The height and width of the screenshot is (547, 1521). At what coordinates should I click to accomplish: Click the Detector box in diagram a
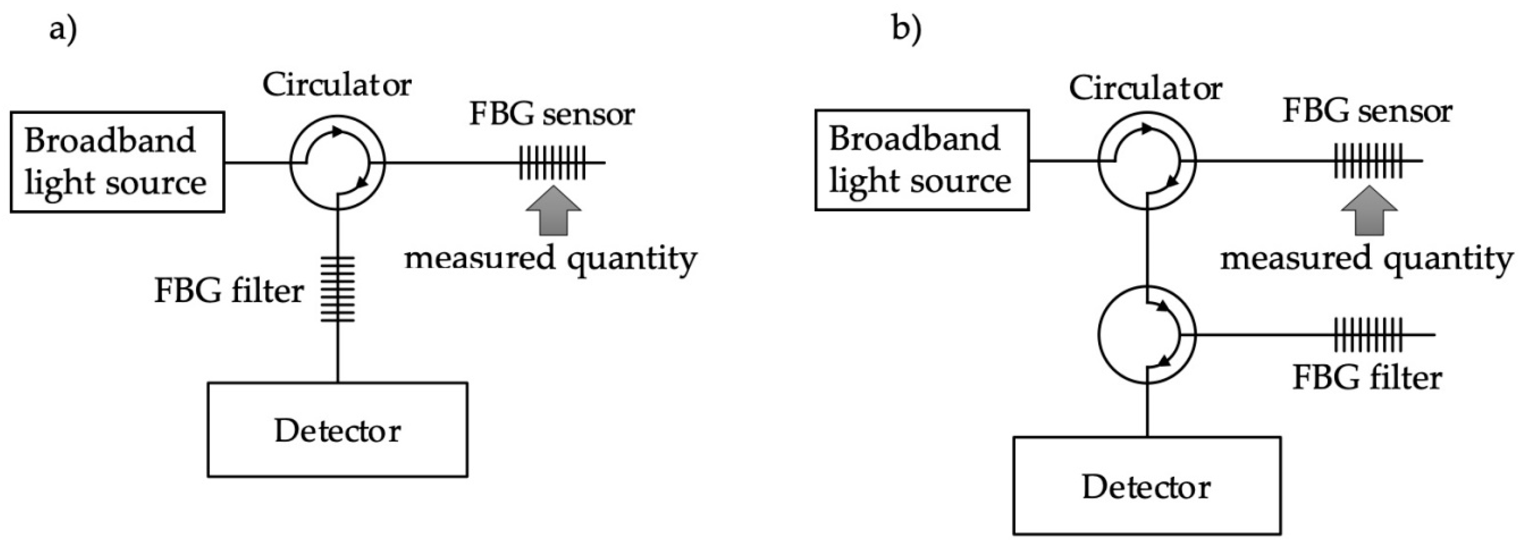coord(337,430)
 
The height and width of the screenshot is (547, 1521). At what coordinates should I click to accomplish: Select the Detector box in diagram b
coord(1147,485)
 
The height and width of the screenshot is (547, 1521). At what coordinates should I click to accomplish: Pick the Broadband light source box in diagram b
coord(922,160)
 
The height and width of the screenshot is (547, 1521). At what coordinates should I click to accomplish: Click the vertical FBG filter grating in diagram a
coord(338,289)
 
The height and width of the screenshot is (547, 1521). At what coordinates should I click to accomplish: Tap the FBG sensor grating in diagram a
coord(552,162)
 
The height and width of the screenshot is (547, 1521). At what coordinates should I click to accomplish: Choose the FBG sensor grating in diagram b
coord(1367,161)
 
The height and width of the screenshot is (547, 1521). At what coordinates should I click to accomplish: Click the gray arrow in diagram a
coord(553,211)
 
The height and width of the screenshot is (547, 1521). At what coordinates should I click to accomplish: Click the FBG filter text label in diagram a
coord(229,291)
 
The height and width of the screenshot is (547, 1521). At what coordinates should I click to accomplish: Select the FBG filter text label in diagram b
coord(1367,378)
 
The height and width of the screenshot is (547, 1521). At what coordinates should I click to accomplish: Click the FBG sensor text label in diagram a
coord(552,114)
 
